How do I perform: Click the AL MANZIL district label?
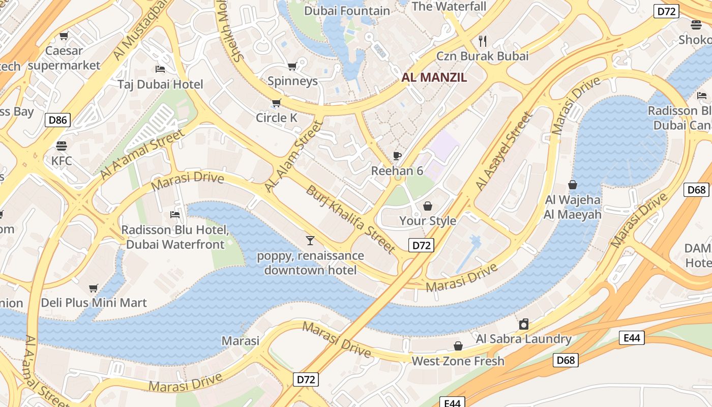click(x=434, y=78)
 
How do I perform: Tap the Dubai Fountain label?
click(x=347, y=11)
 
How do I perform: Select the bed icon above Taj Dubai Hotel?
click(x=160, y=69)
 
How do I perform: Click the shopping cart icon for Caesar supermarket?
click(x=64, y=36)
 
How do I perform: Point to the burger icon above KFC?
click(x=62, y=146)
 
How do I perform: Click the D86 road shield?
click(x=57, y=120)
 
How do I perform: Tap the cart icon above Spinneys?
click(x=292, y=66)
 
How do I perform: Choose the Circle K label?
click(x=276, y=118)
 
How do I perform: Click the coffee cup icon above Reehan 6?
click(x=397, y=156)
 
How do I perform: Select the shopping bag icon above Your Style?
click(x=428, y=206)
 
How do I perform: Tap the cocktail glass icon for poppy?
click(x=310, y=240)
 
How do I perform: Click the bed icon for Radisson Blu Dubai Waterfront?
click(x=175, y=215)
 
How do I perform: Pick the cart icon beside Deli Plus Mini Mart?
click(x=94, y=288)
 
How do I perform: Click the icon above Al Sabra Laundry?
click(x=524, y=324)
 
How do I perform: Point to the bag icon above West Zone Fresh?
click(x=458, y=346)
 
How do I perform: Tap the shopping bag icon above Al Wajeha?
click(x=573, y=185)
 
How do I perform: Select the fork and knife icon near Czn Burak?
click(x=483, y=41)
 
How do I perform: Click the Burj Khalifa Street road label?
click(x=350, y=219)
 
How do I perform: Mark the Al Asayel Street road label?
click(x=505, y=152)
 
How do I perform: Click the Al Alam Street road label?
click(x=294, y=157)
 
